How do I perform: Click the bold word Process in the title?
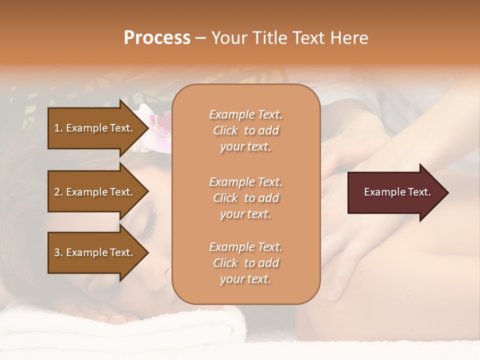pos(157,38)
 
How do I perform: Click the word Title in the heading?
pos(268,38)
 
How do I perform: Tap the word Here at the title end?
pos(349,38)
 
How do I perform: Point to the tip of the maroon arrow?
pos(446,192)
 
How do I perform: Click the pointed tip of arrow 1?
pos(146,128)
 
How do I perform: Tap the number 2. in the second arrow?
pos(58,192)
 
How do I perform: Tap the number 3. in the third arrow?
pos(58,252)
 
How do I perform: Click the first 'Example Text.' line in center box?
pos(245,114)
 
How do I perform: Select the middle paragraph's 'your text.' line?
pos(245,214)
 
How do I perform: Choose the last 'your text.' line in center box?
pos(245,279)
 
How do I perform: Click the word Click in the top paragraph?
pos(225,130)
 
